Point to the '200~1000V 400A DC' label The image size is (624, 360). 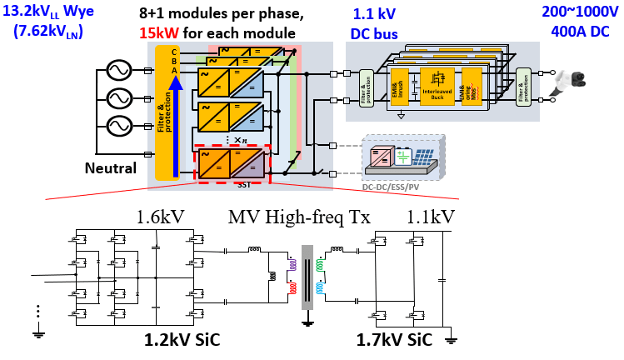click(x=573, y=23)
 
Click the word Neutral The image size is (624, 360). click(x=111, y=169)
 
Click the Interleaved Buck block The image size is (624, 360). click(x=437, y=92)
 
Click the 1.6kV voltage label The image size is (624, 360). click(x=160, y=218)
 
